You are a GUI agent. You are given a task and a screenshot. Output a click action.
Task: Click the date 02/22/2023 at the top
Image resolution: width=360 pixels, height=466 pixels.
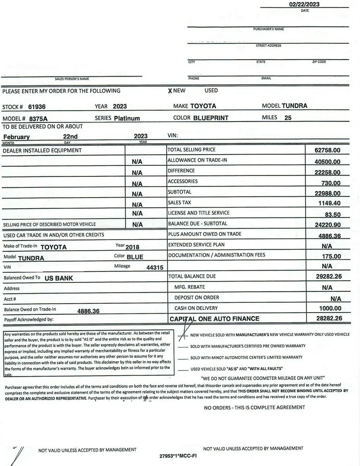tap(304, 4)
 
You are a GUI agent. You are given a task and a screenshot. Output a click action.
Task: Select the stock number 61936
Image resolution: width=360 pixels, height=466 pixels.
tap(37, 107)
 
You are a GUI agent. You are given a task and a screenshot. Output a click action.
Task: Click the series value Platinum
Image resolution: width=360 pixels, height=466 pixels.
tap(127, 118)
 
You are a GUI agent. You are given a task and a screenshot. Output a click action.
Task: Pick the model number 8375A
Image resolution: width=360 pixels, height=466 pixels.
tap(38, 119)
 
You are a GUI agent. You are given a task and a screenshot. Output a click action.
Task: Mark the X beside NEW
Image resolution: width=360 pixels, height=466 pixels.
tap(170, 91)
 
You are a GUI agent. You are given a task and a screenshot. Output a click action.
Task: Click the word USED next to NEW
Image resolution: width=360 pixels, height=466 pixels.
tap(211, 91)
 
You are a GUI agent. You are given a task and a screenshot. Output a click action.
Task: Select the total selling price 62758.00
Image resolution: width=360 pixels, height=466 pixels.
tap(327, 151)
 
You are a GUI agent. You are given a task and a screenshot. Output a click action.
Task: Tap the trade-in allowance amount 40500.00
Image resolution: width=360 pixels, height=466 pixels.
tap(327, 162)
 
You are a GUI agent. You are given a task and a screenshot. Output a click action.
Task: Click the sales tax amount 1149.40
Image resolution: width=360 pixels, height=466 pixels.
tap(329, 203)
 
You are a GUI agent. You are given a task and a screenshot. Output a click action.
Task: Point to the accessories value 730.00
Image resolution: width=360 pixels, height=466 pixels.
tap(331, 183)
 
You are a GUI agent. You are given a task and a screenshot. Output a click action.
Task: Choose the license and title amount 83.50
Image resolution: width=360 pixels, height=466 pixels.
tap(333, 214)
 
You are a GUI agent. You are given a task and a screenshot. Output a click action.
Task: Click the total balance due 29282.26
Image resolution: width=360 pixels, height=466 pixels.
tap(328, 277)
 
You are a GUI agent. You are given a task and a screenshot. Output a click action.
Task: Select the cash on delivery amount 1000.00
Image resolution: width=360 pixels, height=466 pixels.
tap(330, 309)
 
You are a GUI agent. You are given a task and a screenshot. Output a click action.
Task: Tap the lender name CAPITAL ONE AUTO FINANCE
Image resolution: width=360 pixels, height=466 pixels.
tap(214, 319)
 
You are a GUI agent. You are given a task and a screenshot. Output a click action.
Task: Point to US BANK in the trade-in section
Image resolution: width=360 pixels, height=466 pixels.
tap(58, 279)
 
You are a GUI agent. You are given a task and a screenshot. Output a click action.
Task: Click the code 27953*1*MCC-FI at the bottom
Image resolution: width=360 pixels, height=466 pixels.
tap(177, 455)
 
